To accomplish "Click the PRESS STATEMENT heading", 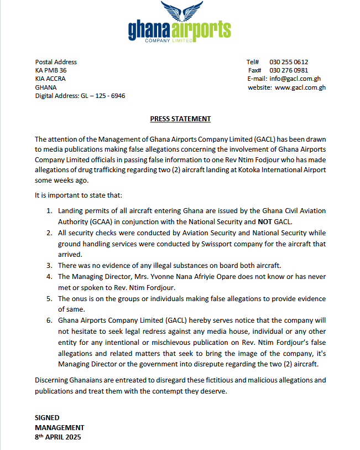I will tap(180, 119).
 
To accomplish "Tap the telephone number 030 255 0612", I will tap(289, 62).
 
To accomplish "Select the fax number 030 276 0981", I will tap(289, 70).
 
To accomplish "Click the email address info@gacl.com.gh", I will tap(295, 79).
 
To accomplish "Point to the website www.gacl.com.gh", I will tap(300, 87).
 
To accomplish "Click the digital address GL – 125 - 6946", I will tap(103, 96).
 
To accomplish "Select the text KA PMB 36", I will tap(51, 70).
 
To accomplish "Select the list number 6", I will tap(49, 320).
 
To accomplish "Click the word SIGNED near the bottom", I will tap(47, 418).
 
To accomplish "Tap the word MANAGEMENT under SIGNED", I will tap(59, 427).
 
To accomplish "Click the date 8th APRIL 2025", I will tap(58, 437).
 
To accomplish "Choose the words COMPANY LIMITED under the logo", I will tap(168, 40).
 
